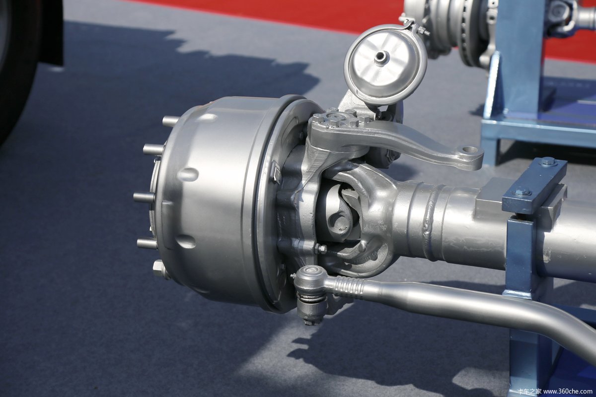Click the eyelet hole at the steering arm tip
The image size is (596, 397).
coord(470,150)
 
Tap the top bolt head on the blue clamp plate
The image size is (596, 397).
coord(548,161)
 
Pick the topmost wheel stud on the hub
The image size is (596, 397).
coord(170,121)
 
